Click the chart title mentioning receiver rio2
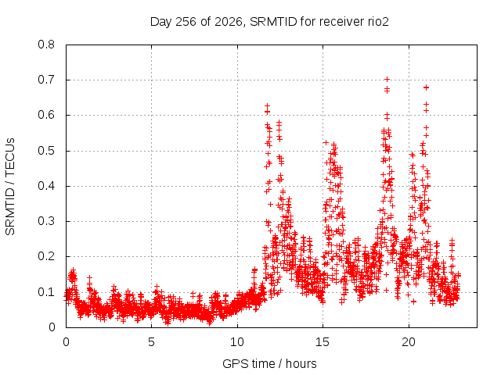click(269, 22)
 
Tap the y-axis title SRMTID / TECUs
click(10, 187)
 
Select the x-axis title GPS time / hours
click(269, 363)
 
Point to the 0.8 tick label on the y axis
click(46, 45)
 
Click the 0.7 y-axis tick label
click(46, 80)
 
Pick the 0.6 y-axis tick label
click(46, 115)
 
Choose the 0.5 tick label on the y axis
click(46, 151)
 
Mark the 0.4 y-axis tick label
click(46, 186)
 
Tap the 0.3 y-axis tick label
click(46, 221)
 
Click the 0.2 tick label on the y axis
click(46, 257)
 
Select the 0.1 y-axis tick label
click(46, 292)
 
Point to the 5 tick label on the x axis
click(151, 342)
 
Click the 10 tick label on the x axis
click(237, 342)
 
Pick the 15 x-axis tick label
click(323, 342)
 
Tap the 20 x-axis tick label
click(409, 342)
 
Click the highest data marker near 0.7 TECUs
click(387, 79)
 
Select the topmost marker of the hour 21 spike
click(426, 87)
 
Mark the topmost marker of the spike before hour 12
click(267, 105)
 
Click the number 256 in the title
click(186, 22)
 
